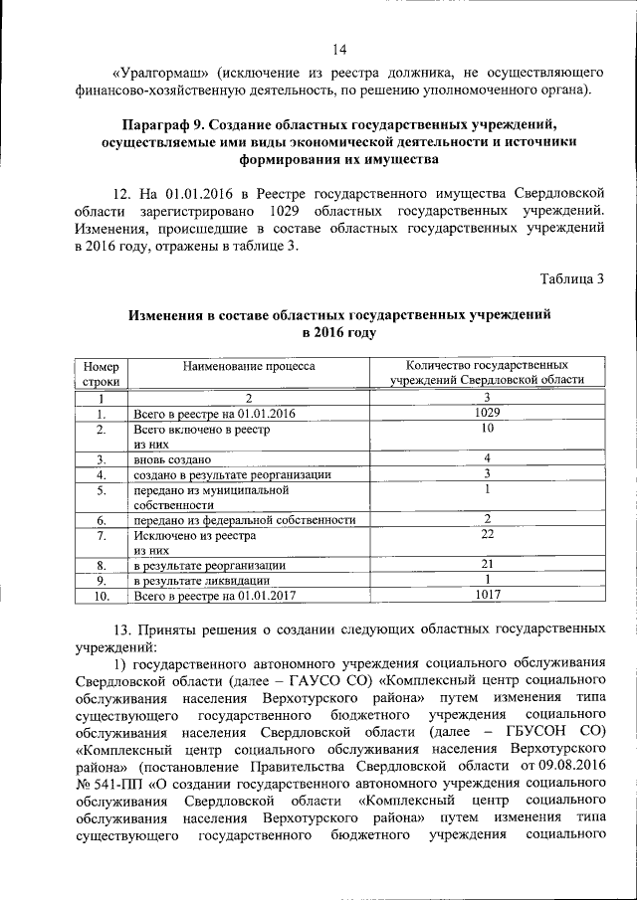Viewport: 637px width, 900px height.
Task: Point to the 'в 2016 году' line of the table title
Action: (x=339, y=332)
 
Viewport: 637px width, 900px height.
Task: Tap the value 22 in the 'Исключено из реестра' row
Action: (x=488, y=535)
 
